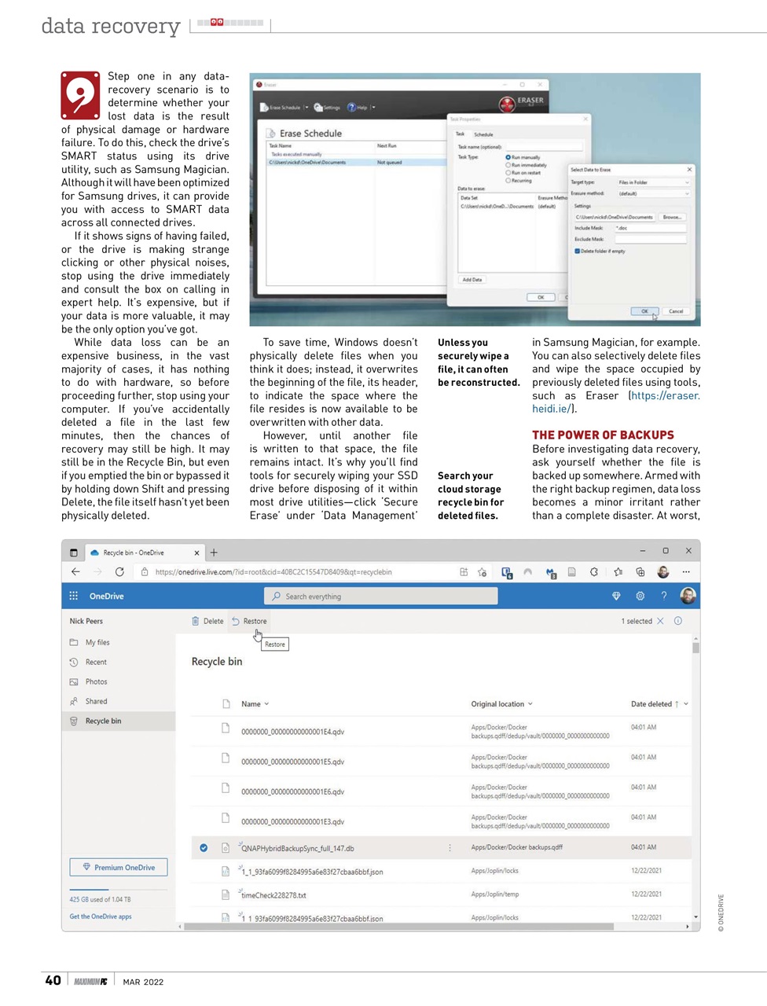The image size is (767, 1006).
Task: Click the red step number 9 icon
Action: tap(80, 95)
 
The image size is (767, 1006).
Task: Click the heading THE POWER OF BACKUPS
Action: tap(603, 435)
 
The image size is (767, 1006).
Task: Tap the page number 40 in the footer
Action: tap(53, 980)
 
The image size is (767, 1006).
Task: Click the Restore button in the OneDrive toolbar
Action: tap(249, 621)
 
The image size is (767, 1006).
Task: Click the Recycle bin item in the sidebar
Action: tap(103, 721)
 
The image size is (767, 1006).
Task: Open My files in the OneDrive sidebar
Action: tap(97, 642)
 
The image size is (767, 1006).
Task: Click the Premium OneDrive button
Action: tap(119, 868)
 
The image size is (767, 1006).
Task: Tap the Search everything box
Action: tap(380, 597)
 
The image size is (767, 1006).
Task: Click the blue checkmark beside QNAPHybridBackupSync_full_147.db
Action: tap(204, 847)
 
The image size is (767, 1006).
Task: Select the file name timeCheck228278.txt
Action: tap(273, 895)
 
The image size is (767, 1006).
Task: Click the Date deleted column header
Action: tap(651, 704)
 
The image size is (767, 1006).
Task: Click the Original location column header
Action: tap(497, 704)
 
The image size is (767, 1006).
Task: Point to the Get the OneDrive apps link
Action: tap(101, 916)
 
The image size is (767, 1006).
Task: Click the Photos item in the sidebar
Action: tap(96, 681)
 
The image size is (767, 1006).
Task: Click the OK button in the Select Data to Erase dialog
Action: tap(644, 311)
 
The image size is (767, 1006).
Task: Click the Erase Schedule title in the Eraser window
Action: tap(310, 134)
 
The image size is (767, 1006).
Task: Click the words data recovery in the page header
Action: tap(111, 26)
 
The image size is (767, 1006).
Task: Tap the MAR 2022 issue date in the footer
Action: tap(143, 982)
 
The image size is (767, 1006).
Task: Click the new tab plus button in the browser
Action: tap(214, 553)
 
